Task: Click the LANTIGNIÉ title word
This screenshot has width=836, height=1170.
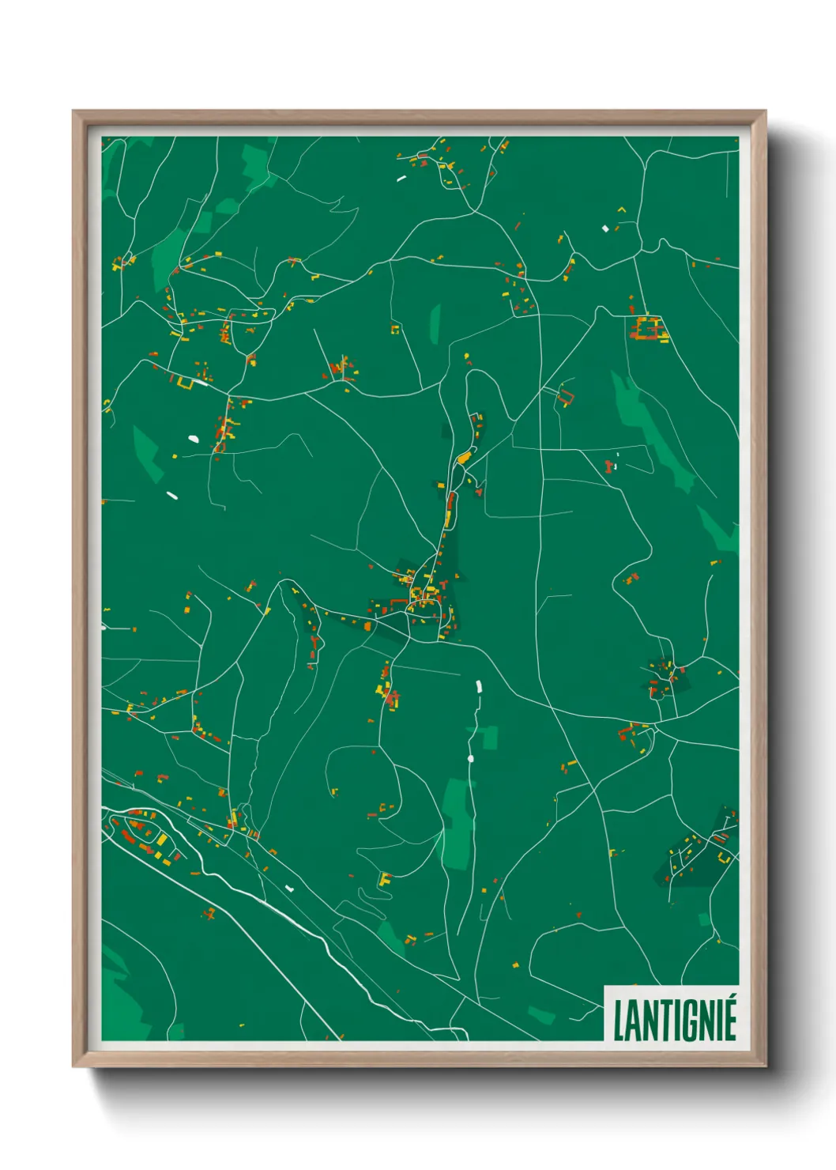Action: (674, 1020)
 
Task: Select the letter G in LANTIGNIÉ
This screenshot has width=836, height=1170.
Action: (691, 1021)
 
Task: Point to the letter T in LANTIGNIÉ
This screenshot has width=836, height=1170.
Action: (662, 1021)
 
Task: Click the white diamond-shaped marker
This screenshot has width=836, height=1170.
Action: (605, 228)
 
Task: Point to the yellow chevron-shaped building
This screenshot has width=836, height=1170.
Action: (621, 209)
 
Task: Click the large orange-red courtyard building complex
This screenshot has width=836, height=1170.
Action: (648, 328)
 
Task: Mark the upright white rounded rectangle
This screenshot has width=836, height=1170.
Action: (477, 686)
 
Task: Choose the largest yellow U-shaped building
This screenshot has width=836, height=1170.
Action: (185, 384)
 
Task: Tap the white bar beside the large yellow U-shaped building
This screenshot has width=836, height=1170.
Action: (200, 383)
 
